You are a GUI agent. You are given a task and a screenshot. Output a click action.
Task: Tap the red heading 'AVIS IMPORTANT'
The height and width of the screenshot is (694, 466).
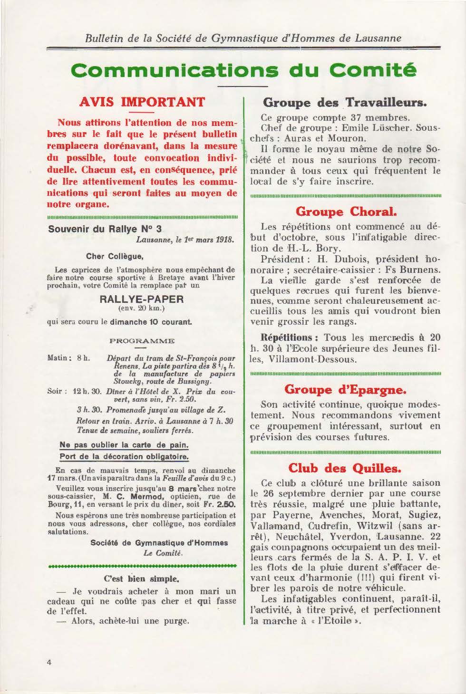tap(142, 102)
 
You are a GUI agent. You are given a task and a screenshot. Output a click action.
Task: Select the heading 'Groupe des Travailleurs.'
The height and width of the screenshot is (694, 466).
tap(345, 102)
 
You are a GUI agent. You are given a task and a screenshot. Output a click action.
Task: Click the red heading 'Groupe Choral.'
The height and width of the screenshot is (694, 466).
tap(346, 211)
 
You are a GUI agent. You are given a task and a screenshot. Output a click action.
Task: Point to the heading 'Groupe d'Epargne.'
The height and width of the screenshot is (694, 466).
tap(345, 390)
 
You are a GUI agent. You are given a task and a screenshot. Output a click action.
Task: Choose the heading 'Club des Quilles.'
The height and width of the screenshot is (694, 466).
tap(345, 468)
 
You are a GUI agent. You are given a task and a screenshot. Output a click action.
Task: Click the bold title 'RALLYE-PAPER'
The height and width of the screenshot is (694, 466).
tap(142, 299)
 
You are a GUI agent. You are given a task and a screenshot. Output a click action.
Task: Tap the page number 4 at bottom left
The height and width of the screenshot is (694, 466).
tap(49, 663)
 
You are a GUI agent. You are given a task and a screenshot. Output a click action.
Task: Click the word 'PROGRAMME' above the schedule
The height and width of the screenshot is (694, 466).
tap(142, 341)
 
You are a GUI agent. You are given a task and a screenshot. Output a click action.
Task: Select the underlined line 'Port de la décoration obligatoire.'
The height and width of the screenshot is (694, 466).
tap(124, 457)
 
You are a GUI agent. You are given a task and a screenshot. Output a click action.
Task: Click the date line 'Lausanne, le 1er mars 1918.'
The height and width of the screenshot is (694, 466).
tap(185, 240)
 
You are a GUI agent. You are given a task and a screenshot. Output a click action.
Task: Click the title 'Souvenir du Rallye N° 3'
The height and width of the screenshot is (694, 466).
tap(105, 229)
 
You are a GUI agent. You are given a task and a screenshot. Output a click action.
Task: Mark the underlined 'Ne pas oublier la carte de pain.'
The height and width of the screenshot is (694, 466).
tap(124, 445)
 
